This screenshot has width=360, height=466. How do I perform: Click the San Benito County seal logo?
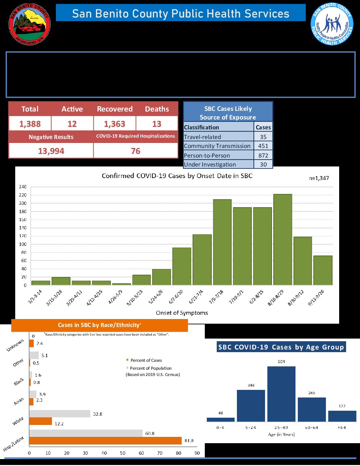coord(29,24)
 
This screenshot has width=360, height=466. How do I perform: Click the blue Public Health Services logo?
coord(332,24)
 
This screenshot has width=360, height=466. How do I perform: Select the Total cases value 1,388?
coord(30,124)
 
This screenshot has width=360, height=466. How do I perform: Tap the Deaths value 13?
coord(157,124)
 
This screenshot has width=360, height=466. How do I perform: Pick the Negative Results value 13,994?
coord(51,151)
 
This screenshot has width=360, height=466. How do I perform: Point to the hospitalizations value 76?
coord(136,151)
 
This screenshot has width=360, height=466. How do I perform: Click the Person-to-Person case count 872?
coord(263,155)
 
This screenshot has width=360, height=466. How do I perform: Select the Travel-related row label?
coord(202,137)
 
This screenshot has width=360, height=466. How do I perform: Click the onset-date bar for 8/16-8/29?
coord(283,240)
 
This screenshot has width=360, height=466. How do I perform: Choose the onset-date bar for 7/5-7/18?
coord(222,242)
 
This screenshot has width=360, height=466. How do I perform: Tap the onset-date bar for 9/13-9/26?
coord(323,270)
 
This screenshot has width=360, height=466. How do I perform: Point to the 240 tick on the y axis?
coord(22,187)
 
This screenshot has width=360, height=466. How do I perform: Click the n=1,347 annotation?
coord(319,178)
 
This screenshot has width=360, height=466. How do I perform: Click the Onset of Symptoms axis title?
coord(182,313)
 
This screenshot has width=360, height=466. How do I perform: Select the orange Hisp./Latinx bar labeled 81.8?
coord(105,441)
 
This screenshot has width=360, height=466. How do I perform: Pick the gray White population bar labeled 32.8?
coord(60,414)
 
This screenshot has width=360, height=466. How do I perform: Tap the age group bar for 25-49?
coord(281,394)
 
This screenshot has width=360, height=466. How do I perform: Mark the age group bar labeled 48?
coord(220,419)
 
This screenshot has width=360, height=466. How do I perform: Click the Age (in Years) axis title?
coord(281,435)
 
